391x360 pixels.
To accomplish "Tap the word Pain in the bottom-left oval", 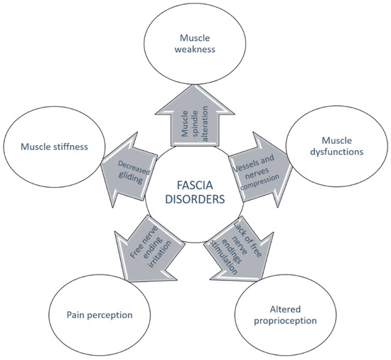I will click(x=78, y=313).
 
